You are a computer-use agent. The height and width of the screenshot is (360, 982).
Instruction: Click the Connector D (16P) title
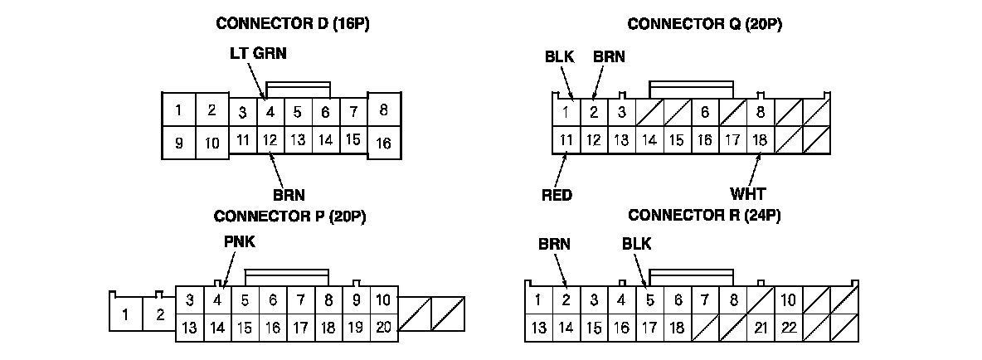292,23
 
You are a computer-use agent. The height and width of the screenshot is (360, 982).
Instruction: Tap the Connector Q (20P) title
705,23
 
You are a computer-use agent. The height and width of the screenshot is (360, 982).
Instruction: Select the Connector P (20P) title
290,216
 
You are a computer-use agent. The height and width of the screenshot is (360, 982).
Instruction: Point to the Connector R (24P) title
705,216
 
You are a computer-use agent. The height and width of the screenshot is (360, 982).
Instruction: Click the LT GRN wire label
258,53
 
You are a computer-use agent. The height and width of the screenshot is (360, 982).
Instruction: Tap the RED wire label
558,196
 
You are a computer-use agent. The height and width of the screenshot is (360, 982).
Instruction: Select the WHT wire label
747,196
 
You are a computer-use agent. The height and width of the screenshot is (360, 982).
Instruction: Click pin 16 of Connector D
383,143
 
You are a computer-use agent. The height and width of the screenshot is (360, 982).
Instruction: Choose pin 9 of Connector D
179,144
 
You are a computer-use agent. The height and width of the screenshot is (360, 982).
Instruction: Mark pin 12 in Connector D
270,139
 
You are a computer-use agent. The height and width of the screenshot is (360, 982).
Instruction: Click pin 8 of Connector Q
760,111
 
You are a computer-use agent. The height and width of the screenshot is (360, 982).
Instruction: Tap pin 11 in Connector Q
566,139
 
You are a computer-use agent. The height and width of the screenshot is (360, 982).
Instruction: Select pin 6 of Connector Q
704,111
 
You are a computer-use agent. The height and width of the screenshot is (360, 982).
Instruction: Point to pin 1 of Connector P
125,314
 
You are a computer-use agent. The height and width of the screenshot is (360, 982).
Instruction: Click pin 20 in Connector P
382,327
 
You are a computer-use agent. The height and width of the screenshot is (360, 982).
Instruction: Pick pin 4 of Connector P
217,299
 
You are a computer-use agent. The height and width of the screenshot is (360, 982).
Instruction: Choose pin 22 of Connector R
788,328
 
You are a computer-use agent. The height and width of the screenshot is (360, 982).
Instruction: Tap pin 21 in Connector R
760,328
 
